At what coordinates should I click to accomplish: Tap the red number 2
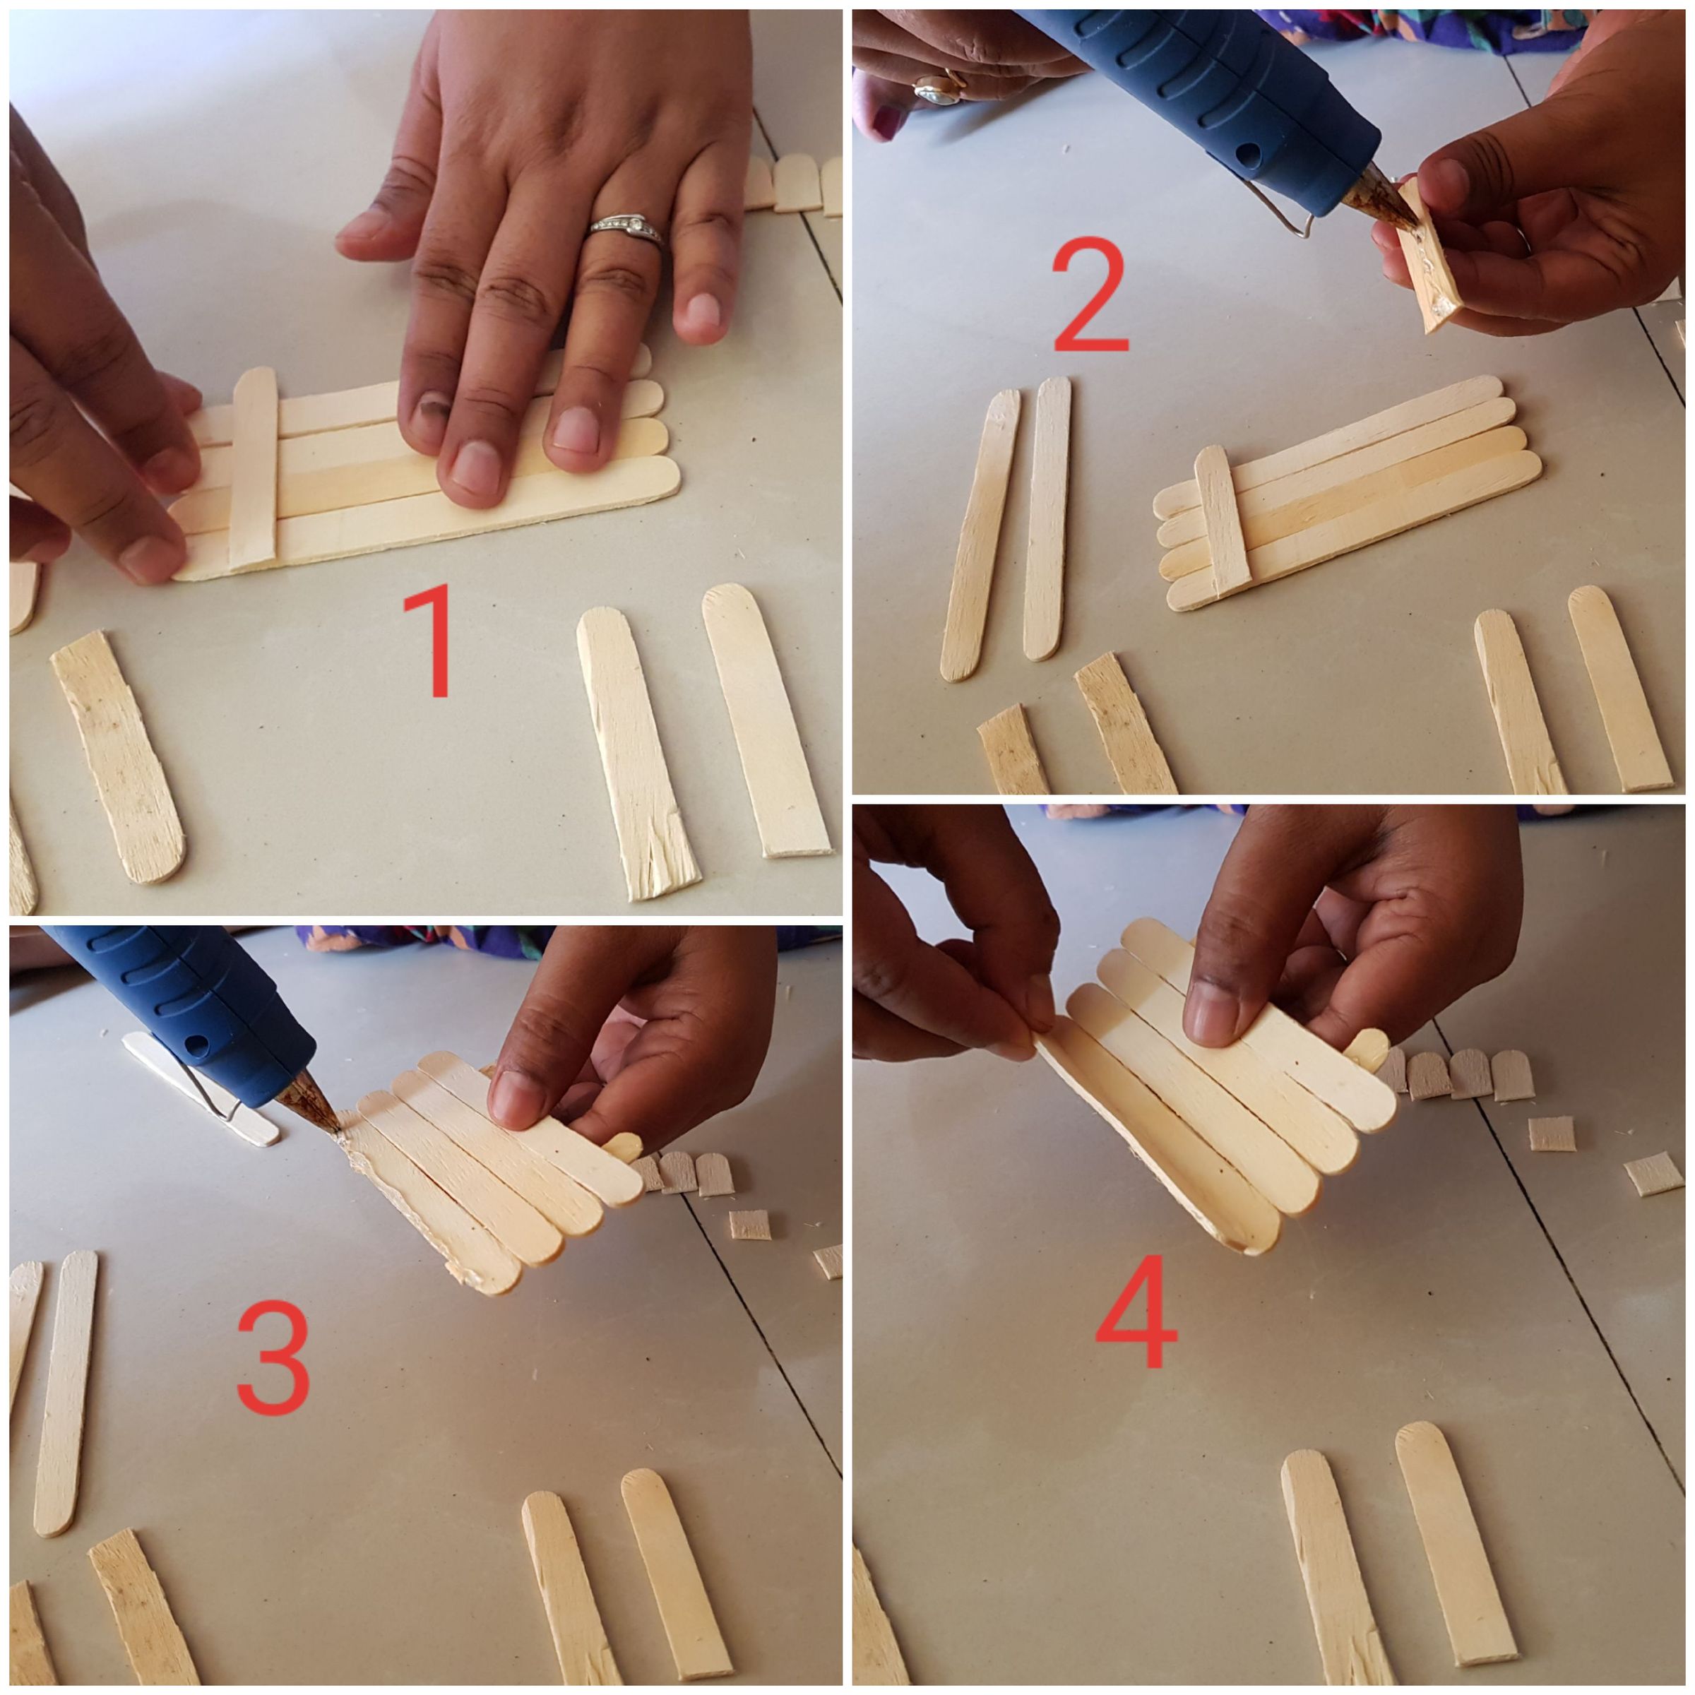(x=1090, y=296)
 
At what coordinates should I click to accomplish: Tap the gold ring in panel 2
(x=939, y=88)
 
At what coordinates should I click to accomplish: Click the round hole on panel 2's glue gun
(x=1247, y=155)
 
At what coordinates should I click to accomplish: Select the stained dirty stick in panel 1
(x=119, y=754)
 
